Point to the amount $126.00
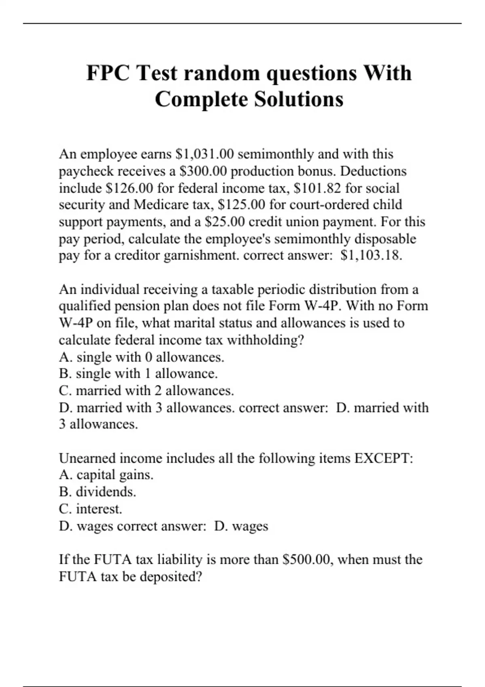tap(129, 188)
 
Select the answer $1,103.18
tap(371, 255)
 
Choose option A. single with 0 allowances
tap(141, 357)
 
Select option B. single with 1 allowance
tap(138, 374)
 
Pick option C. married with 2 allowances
tap(146, 391)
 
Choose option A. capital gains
tap(106, 475)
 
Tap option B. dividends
tap(97, 492)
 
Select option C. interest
tap(91, 509)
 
